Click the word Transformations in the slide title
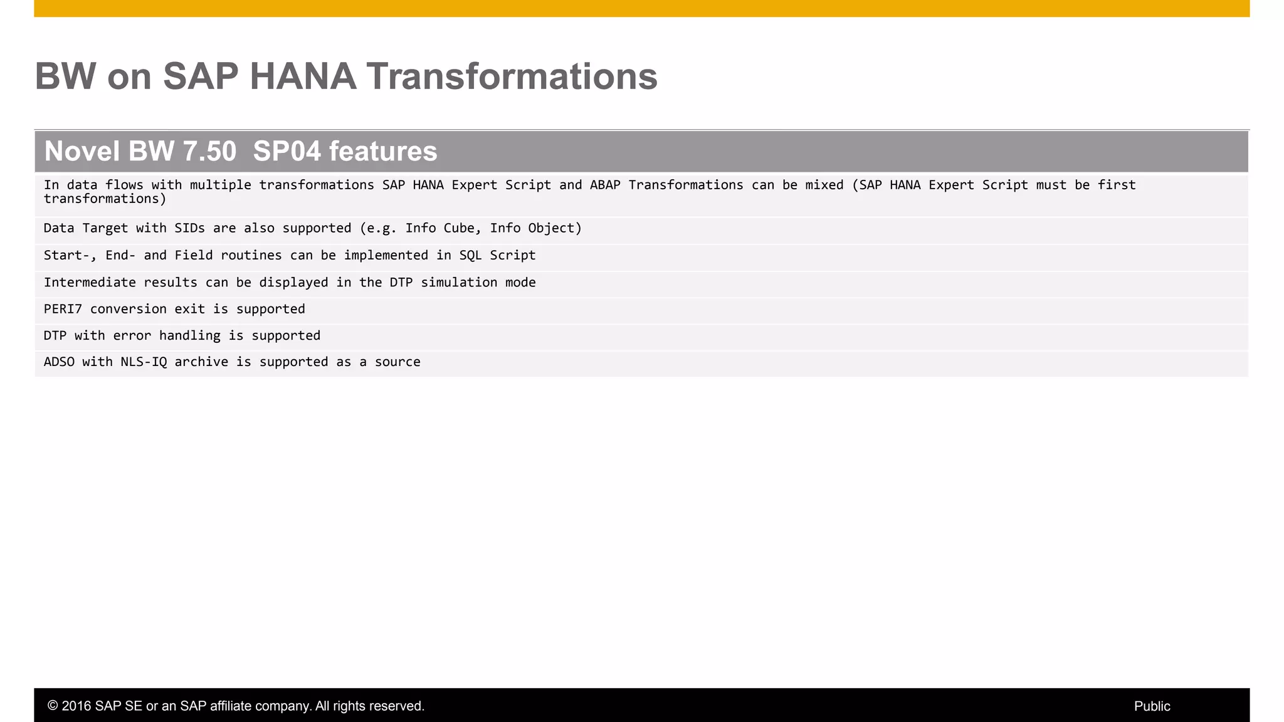click(512, 76)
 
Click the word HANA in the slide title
click(303, 76)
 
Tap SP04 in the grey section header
click(287, 152)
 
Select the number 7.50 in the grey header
click(209, 152)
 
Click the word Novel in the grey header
click(82, 152)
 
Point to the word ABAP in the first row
click(605, 185)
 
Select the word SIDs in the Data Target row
click(189, 228)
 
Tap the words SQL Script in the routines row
click(497, 255)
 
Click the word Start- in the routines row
click(66, 255)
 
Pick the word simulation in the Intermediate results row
click(459, 283)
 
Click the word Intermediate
click(90, 283)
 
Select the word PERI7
click(63, 309)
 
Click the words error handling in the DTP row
click(167, 336)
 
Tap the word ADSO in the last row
click(59, 362)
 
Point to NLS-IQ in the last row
click(144, 362)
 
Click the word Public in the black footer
click(1152, 706)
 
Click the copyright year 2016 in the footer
click(76, 706)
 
